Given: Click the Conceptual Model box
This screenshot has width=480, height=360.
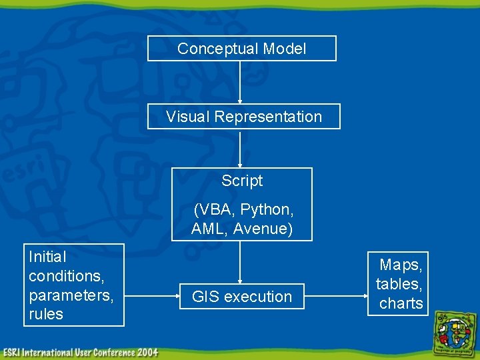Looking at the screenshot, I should (x=242, y=49).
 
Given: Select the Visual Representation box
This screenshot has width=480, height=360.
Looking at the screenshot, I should (x=243, y=117).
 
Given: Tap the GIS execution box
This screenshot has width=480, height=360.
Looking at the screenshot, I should (x=242, y=297).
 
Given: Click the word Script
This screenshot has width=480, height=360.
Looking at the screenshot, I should (x=242, y=181).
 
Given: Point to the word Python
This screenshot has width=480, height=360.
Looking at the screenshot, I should (x=267, y=209).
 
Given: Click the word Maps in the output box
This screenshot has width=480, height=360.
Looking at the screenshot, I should (x=401, y=265).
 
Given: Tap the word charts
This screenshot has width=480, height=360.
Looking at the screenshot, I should (x=401, y=303).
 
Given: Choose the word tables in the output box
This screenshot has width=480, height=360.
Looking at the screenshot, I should (x=399, y=285).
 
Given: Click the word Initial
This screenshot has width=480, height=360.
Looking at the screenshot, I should (x=47, y=257).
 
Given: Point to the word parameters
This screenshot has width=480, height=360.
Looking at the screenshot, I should (x=71, y=295).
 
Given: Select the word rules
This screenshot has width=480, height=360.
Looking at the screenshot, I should (x=46, y=314).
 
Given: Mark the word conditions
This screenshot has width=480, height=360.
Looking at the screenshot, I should (x=65, y=275).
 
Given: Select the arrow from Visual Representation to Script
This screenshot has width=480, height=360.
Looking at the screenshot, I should (x=240, y=148).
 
